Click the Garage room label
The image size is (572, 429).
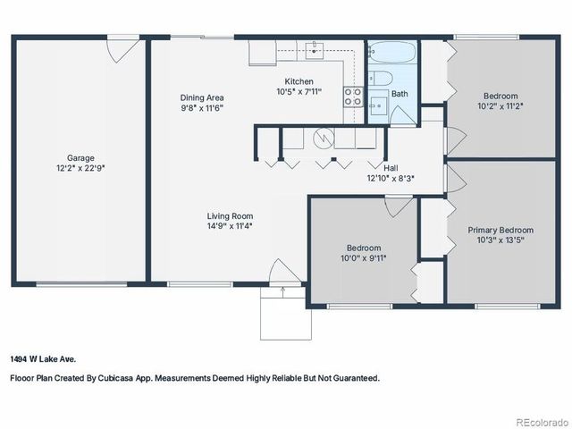80,158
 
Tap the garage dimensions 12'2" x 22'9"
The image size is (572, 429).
80,168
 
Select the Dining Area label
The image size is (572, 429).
202,97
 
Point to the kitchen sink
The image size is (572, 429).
315,49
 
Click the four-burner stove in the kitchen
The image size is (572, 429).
353,96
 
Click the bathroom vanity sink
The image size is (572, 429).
377,107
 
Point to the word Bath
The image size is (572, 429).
399,94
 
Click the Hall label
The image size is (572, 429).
391,167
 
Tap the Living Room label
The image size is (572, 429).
230,216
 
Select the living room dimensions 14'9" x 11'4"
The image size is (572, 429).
230,226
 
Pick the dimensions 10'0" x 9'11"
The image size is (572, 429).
364,258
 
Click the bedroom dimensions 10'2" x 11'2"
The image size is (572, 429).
500,105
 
